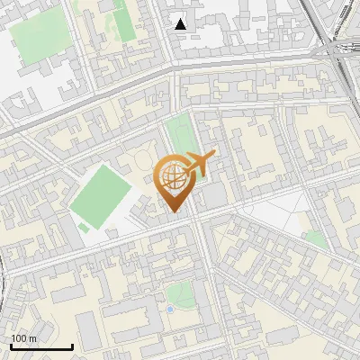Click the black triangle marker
coord(181,24)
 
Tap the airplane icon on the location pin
coord(197,164)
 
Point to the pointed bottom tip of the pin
coord(173,212)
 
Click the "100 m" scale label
coord(23,338)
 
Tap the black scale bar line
coord(40,346)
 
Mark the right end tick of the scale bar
coord(72,345)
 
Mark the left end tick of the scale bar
coord(10,345)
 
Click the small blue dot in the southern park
coord(170,310)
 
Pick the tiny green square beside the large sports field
coord(85,229)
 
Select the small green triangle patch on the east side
coord(316,240)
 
